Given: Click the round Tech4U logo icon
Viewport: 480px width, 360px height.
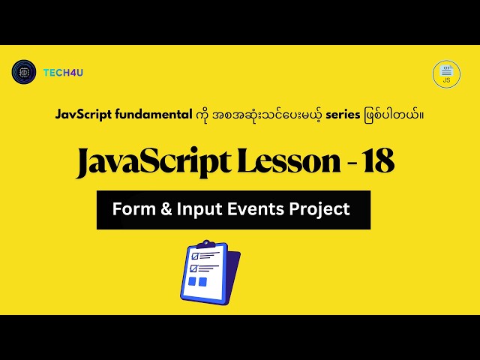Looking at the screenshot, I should pyautogui.click(x=24, y=71).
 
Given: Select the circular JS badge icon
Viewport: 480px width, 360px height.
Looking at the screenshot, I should pyautogui.click(x=446, y=74).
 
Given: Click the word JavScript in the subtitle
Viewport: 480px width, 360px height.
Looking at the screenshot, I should pyautogui.click(x=83, y=115).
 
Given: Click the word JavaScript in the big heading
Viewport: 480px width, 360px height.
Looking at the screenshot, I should pyautogui.click(x=151, y=162).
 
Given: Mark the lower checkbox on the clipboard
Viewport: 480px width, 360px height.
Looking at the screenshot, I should pyautogui.click(x=193, y=268).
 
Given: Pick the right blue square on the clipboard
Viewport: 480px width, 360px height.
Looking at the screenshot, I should pyautogui.click(x=202, y=283).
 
